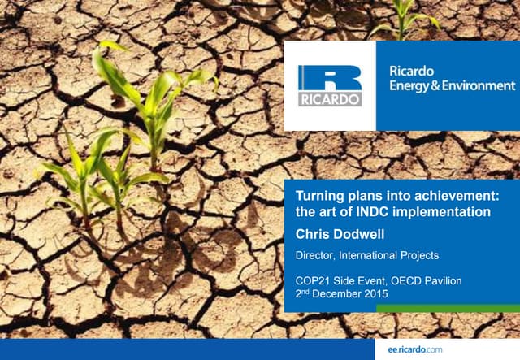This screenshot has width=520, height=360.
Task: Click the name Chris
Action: [314, 233]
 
